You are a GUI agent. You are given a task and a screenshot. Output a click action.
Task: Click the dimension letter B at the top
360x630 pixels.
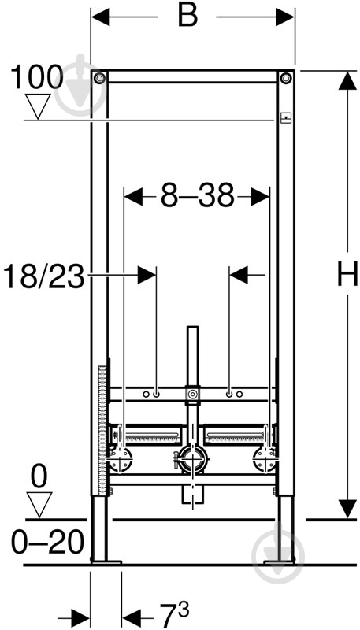(187, 16)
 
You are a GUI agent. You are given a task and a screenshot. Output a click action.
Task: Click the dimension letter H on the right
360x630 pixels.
(347, 273)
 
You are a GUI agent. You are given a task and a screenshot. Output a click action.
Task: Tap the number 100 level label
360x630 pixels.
(36, 76)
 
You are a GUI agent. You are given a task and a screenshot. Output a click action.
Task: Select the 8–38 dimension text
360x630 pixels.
(197, 195)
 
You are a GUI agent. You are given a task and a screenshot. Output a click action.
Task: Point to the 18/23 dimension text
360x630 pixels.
(44, 277)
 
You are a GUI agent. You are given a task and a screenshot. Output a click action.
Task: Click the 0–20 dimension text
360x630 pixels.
(47, 543)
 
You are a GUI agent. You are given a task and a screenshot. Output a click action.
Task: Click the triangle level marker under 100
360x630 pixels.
(38, 106)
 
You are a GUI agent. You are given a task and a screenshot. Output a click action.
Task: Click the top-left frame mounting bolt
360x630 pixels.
(99, 77)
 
